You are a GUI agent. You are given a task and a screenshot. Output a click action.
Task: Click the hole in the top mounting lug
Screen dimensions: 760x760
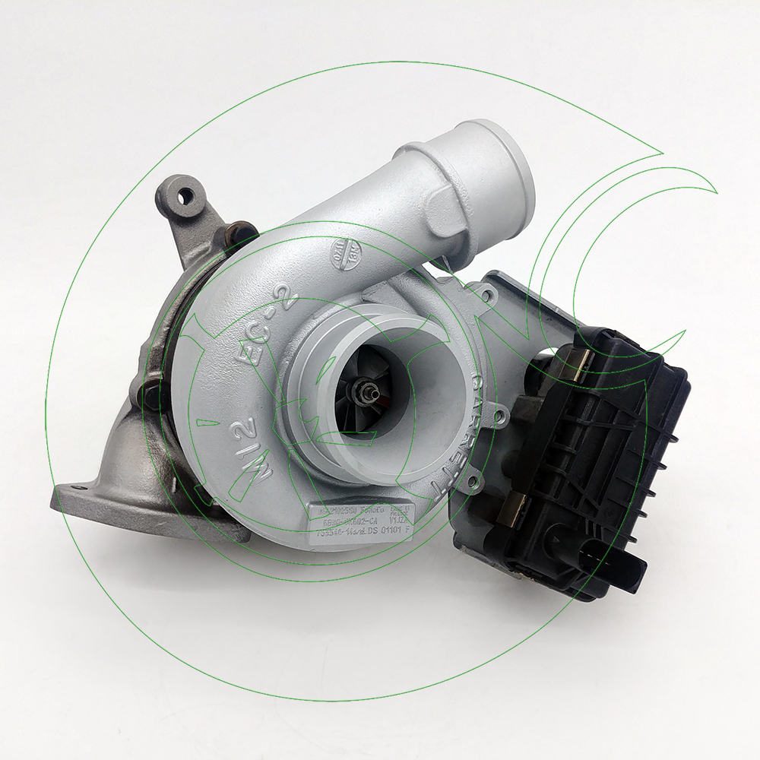[183, 195]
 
